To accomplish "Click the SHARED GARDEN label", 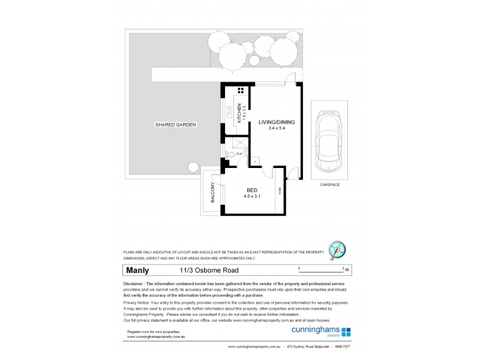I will point(176,124).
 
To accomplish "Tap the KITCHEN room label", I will point(239,113).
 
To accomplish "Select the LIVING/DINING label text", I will point(277,122).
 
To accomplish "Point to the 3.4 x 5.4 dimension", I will point(277,129).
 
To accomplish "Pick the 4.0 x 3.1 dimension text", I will point(253,196).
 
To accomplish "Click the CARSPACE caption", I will point(329,185).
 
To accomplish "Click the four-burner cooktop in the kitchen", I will point(241,91).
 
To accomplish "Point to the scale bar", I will point(321,271).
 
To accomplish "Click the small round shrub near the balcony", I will point(193,167).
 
